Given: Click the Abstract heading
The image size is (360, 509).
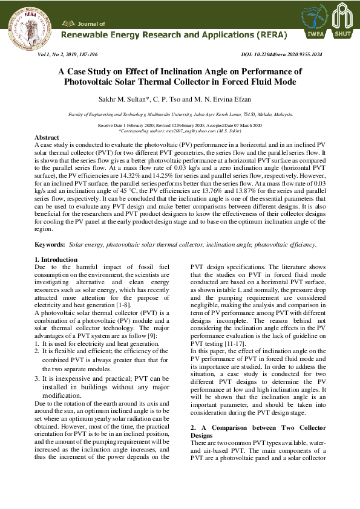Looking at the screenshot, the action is pos(47,138).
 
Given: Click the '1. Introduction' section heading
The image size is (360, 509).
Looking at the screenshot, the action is pos(56,259).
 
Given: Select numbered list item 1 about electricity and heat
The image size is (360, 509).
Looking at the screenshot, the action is pos(97,343).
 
